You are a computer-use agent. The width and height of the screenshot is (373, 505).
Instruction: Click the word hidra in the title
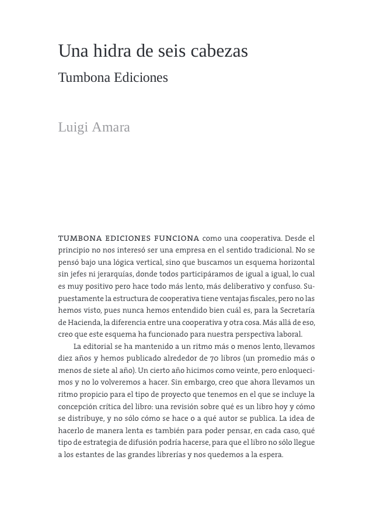coord(113,51)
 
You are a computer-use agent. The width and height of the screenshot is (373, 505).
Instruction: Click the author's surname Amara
coord(111,127)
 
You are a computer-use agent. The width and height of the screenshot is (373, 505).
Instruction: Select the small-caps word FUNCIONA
coord(176,238)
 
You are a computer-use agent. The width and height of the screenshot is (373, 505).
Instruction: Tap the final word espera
coord(270,455)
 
